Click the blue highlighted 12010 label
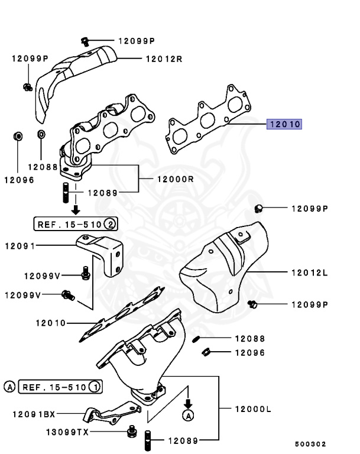[284, 125]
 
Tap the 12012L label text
[309, 273]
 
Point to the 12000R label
[176, 179]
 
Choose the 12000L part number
[252, 408]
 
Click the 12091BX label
[33, 415]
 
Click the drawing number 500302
[310, 444]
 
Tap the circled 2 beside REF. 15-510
[110, 224]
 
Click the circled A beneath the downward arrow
[188, 416]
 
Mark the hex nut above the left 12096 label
[18, 137]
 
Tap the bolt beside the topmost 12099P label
[85, 41]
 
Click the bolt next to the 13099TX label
[131, 433]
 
